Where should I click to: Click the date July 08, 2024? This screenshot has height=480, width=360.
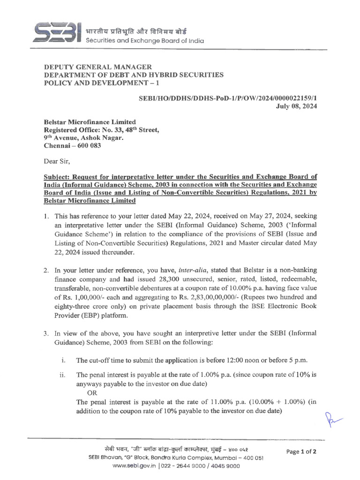pyautogui.click(x=295, y=106)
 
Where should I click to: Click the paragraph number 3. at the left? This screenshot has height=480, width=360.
pyautogui.click(x=46, y=333)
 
